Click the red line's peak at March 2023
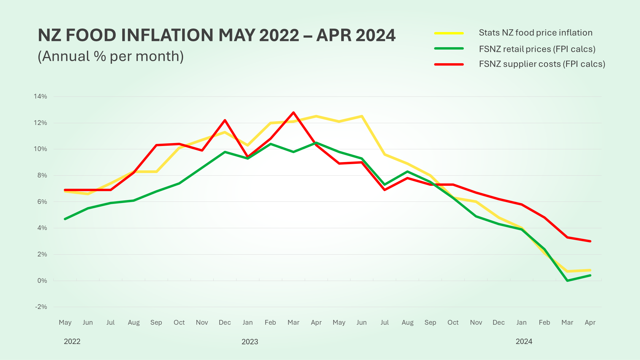[293, 112]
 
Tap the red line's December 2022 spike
[225, 120]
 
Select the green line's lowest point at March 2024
[567, 280]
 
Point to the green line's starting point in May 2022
[65, 219]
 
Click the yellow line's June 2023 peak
[362, 116]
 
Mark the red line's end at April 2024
[590, 241]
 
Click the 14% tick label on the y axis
[40, 96]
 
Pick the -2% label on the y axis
[41, 307]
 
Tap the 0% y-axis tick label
[42, 280]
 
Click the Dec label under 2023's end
[498, 322]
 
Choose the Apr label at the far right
[590, 322]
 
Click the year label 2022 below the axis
[72, 341]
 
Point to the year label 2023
[250, 342]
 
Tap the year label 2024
[524, 341]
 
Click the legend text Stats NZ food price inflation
[536, 33]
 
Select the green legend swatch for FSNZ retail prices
[449, 48]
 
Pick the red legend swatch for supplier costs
[449, 64]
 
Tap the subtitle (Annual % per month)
[111, 56]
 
